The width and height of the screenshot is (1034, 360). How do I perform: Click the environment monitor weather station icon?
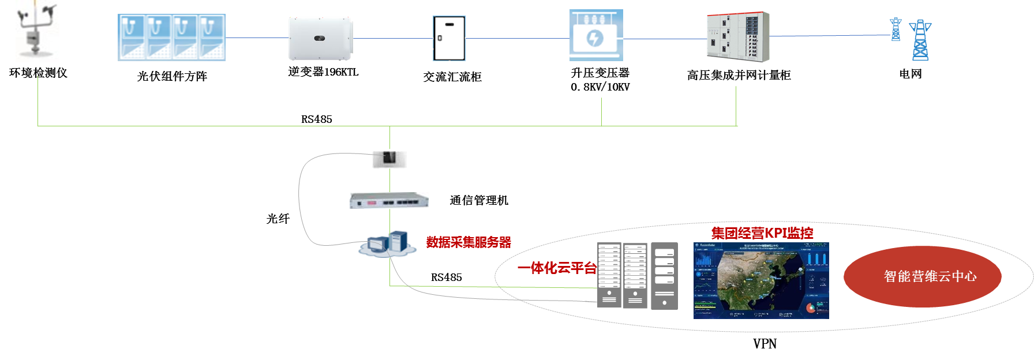[37, 31]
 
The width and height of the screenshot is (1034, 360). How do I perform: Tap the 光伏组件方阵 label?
[172, 76]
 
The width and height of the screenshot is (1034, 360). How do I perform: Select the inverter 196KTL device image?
[321, 38]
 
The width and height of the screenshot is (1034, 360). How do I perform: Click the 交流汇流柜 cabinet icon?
[449, 39]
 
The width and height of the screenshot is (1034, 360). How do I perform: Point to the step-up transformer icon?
[596, 35]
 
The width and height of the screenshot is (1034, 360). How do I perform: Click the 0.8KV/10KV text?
[600, 87]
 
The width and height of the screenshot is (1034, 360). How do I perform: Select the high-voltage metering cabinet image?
[738, 37]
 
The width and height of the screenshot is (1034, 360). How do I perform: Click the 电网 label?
[911, 74]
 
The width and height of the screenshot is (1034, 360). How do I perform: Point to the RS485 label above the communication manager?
[317, 119]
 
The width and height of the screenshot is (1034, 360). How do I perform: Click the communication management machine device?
[389, 201]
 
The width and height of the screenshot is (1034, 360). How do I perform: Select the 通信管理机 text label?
[479, 200]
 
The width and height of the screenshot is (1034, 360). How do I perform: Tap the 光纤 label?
[278, 219]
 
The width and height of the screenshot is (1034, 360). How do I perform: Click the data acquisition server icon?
[388, 243]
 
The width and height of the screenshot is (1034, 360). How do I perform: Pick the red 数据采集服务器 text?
[469, 242]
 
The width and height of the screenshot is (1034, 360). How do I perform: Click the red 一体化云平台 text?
[557, 268]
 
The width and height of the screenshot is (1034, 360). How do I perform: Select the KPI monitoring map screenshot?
[761, 280]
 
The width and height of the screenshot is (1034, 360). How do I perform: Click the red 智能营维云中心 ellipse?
[922, 276]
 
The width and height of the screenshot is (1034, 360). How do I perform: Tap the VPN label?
[765, 344]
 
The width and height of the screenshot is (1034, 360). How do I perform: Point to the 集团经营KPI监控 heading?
[762, 233]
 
